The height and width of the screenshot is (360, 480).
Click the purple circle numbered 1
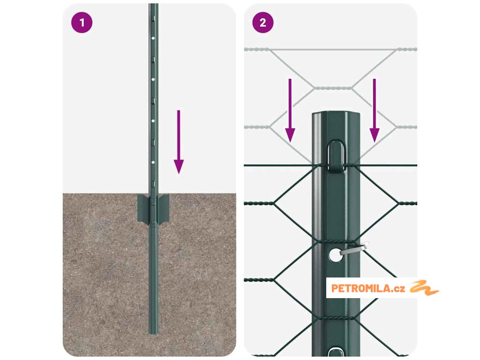click(x=82, y=22)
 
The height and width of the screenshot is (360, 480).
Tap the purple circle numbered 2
click(x=263, y=22)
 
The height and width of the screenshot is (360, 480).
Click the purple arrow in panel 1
click(x=179, y=142)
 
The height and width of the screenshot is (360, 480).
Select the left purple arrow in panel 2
click(x=290, y=111)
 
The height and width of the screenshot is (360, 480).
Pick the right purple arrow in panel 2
click(x=375, y=111)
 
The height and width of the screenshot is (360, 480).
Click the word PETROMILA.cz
click(x=368, y=288)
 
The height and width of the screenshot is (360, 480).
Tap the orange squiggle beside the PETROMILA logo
click(x=424, y=288)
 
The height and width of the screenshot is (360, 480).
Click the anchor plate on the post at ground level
click(x=153, y=209)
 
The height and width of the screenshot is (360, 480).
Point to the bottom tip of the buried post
click(x=153, y=334)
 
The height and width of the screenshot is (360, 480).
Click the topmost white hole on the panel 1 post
click(x=153, y=38)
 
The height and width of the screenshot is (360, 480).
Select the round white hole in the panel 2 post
click(x=336, y=255)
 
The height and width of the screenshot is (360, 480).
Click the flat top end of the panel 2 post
click(x=336, y=113)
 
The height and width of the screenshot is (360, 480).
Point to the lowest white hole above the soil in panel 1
click(x=153, y=162)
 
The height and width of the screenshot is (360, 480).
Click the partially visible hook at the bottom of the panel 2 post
click(x=336, y=352)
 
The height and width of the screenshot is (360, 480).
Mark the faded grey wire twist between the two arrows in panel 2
click(x=333, y=88)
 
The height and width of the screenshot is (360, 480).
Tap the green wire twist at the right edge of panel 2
click(x=407, y=203)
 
